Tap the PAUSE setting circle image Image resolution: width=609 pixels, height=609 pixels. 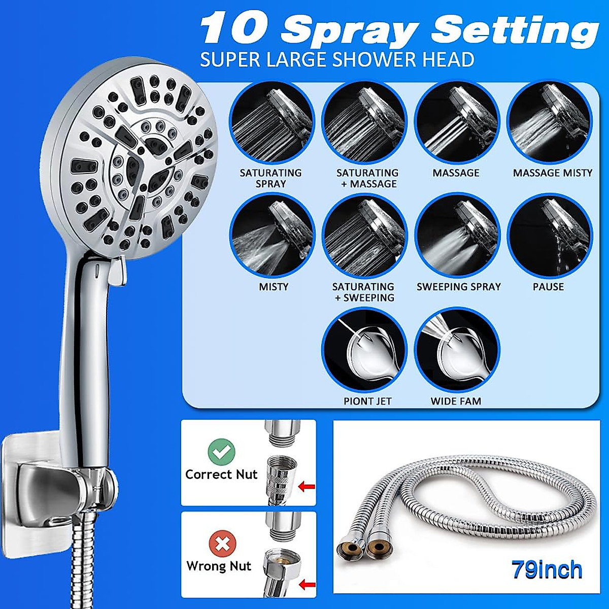pos(550,235)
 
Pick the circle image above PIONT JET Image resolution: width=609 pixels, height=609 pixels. pos(364,350)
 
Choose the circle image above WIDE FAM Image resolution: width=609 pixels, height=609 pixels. pos(457,350)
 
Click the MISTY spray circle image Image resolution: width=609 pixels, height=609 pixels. pos(272,235)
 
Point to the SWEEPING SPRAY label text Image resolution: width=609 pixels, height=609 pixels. pos(458,287)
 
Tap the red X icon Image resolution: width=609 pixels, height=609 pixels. pos(222,544)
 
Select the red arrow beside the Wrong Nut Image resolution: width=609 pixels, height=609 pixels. pos(307,585)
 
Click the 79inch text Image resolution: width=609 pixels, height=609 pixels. pos(547,570)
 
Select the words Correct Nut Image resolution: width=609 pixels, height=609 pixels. pos(221,475)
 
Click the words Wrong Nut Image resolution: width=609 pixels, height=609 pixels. pos(219,566)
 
